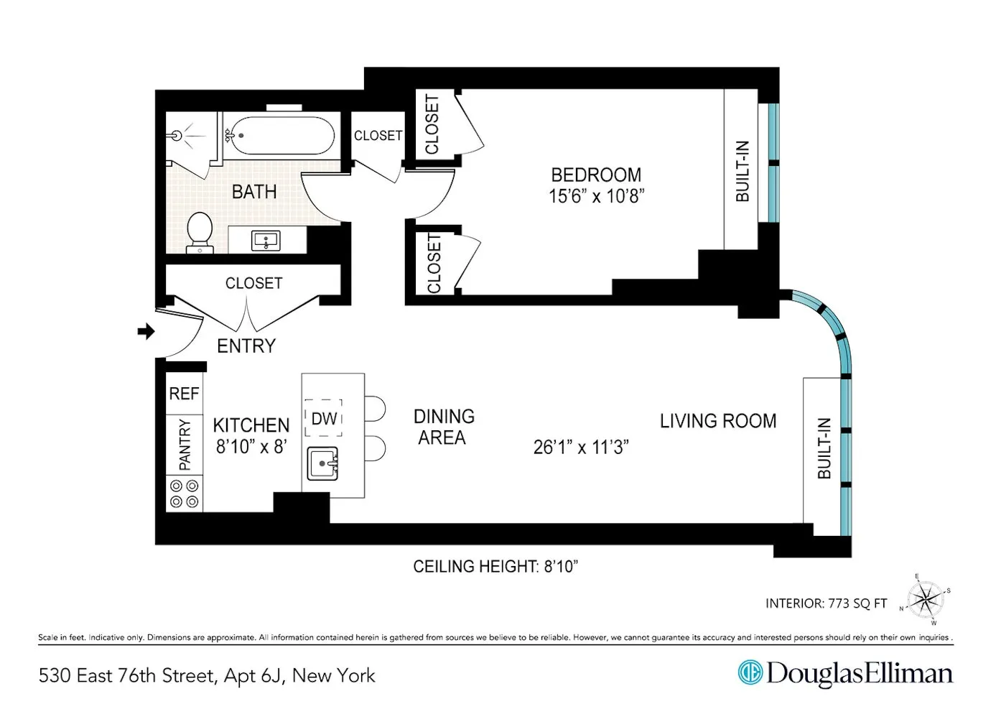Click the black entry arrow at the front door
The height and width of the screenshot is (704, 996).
tap(146, 331)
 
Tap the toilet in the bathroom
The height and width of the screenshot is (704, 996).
tap(200, 232)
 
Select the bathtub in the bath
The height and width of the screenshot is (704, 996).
tap(279, 135)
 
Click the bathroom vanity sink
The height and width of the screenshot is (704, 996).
tap(266, 241)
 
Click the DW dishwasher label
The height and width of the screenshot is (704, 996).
tap(324, 419)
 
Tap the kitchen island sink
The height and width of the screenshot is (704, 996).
tap(322, 463)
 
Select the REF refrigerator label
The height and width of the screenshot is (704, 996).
tap(184, 394)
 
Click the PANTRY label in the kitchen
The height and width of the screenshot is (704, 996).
tap(185, 445)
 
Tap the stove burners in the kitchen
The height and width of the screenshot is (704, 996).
tap(184, 494)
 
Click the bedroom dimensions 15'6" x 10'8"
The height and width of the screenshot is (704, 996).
tap(596, 196)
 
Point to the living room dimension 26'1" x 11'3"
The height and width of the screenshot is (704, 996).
tap(580, 447)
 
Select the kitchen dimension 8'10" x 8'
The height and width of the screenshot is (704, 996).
tap(251, 446)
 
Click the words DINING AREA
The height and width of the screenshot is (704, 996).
tap(443, 427)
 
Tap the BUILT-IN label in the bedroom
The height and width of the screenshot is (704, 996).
tap(743, 171)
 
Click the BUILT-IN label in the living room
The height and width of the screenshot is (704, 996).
tap(824, 448)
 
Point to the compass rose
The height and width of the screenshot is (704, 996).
tap(925, 598)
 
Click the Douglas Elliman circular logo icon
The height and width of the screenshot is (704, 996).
tap(750, 673)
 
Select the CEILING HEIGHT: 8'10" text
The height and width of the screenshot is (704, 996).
tap(495, 567)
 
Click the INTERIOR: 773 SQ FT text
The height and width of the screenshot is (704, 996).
tap(826, 603)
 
